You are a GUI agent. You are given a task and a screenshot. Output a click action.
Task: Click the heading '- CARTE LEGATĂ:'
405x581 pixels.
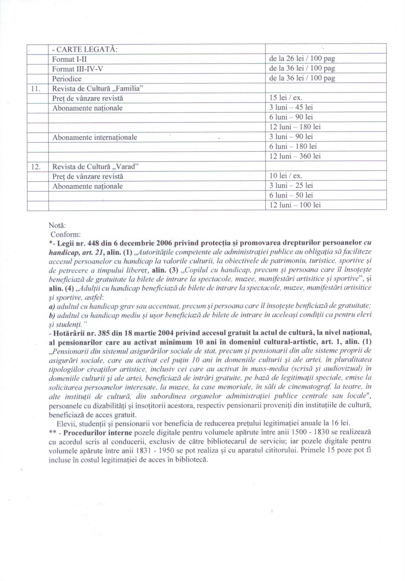point(85,49)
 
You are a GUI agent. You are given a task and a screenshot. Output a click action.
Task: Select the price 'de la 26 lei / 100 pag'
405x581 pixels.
point(302,59)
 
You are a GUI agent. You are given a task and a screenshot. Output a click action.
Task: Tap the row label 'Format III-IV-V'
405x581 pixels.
point(77,69)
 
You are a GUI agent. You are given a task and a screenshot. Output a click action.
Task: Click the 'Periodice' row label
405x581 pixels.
point(67,79)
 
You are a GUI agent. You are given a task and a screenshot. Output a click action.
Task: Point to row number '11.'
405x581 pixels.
point(36,89)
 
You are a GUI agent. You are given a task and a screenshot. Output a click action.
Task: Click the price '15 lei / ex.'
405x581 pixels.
point(286,98)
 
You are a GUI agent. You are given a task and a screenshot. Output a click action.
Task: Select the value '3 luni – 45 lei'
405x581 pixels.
point(291,107)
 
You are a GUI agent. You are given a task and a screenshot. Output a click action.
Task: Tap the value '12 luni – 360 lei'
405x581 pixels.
point(295,156)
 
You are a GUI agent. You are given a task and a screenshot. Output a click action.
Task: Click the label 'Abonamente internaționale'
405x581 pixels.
point(94,137)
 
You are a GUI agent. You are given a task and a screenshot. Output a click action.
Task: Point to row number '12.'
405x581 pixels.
point(36,167)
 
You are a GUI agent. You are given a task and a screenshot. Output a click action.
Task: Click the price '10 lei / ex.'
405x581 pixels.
point(286,176)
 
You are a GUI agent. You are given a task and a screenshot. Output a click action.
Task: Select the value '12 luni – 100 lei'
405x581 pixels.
point(295,205)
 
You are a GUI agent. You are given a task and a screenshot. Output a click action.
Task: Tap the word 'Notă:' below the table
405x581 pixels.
point(57,225)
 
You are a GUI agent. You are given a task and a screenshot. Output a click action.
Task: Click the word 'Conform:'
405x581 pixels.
point(66,234)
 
